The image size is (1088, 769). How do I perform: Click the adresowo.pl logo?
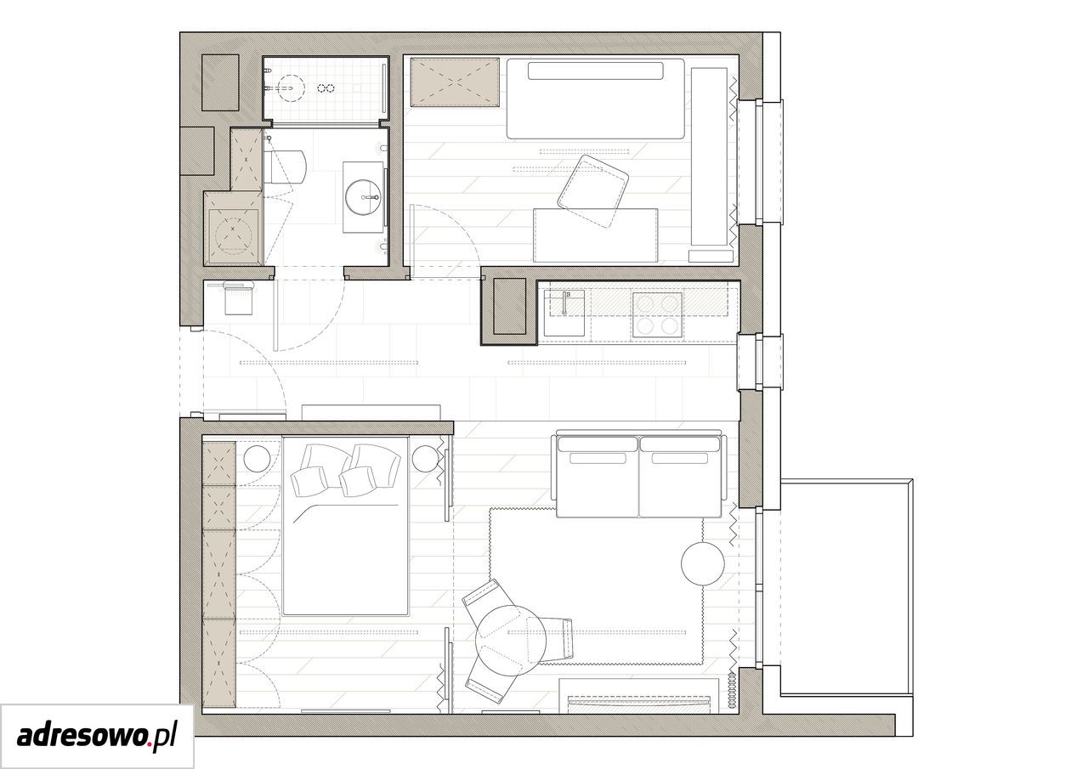[x=97, y=737]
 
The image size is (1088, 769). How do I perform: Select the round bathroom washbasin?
[x=363, y=197]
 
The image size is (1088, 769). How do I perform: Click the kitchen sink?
[x=564, y=314]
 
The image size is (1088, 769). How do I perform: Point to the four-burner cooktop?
[x=657, y=314]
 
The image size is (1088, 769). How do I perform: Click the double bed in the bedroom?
[x=345, y=526]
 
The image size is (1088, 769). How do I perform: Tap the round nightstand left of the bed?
[x=257, y=459]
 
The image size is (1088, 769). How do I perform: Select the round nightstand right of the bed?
[x=426, y=459]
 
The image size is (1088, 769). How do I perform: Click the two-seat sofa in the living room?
[x=638, y=473]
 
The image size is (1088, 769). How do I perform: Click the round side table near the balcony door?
[x=703, y=563]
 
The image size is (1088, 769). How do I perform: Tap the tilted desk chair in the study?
[x=593, y=191]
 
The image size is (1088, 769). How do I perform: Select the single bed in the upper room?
[x=596, y=99]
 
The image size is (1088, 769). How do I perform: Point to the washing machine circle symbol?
[x=233, y=234]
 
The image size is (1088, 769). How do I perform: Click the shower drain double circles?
[x=326, y=88]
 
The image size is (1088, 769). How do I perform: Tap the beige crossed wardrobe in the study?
[x=455, y=82]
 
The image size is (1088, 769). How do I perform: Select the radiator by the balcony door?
[x=732, y=690]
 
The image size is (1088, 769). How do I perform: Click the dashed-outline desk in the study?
[x=596, y=236]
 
